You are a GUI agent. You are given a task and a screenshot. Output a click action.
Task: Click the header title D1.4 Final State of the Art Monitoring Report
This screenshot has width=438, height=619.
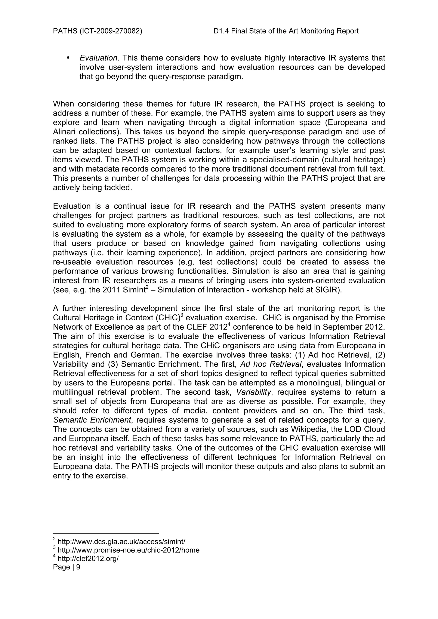coord(286,31)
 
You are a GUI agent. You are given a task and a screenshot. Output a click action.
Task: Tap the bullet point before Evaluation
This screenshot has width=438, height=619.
coord(68,58)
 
